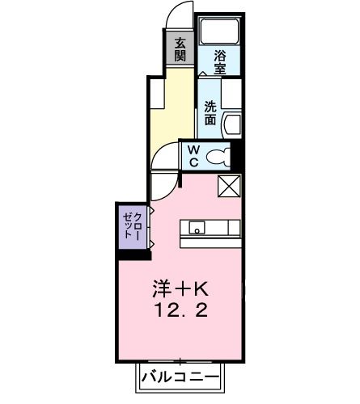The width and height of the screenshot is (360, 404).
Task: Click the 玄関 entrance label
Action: [x=180, y=50]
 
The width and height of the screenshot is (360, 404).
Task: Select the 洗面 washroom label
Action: [x=210, y=112]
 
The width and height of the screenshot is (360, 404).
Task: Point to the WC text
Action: [x=195, y=156]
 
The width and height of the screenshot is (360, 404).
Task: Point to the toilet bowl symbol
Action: [x=218, y=157]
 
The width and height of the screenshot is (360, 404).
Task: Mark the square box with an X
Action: [x=229, y=186]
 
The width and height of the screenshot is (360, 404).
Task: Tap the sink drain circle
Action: [x=194, y=229]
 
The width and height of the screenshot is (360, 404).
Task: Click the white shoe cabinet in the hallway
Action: [x=155, y=97]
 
